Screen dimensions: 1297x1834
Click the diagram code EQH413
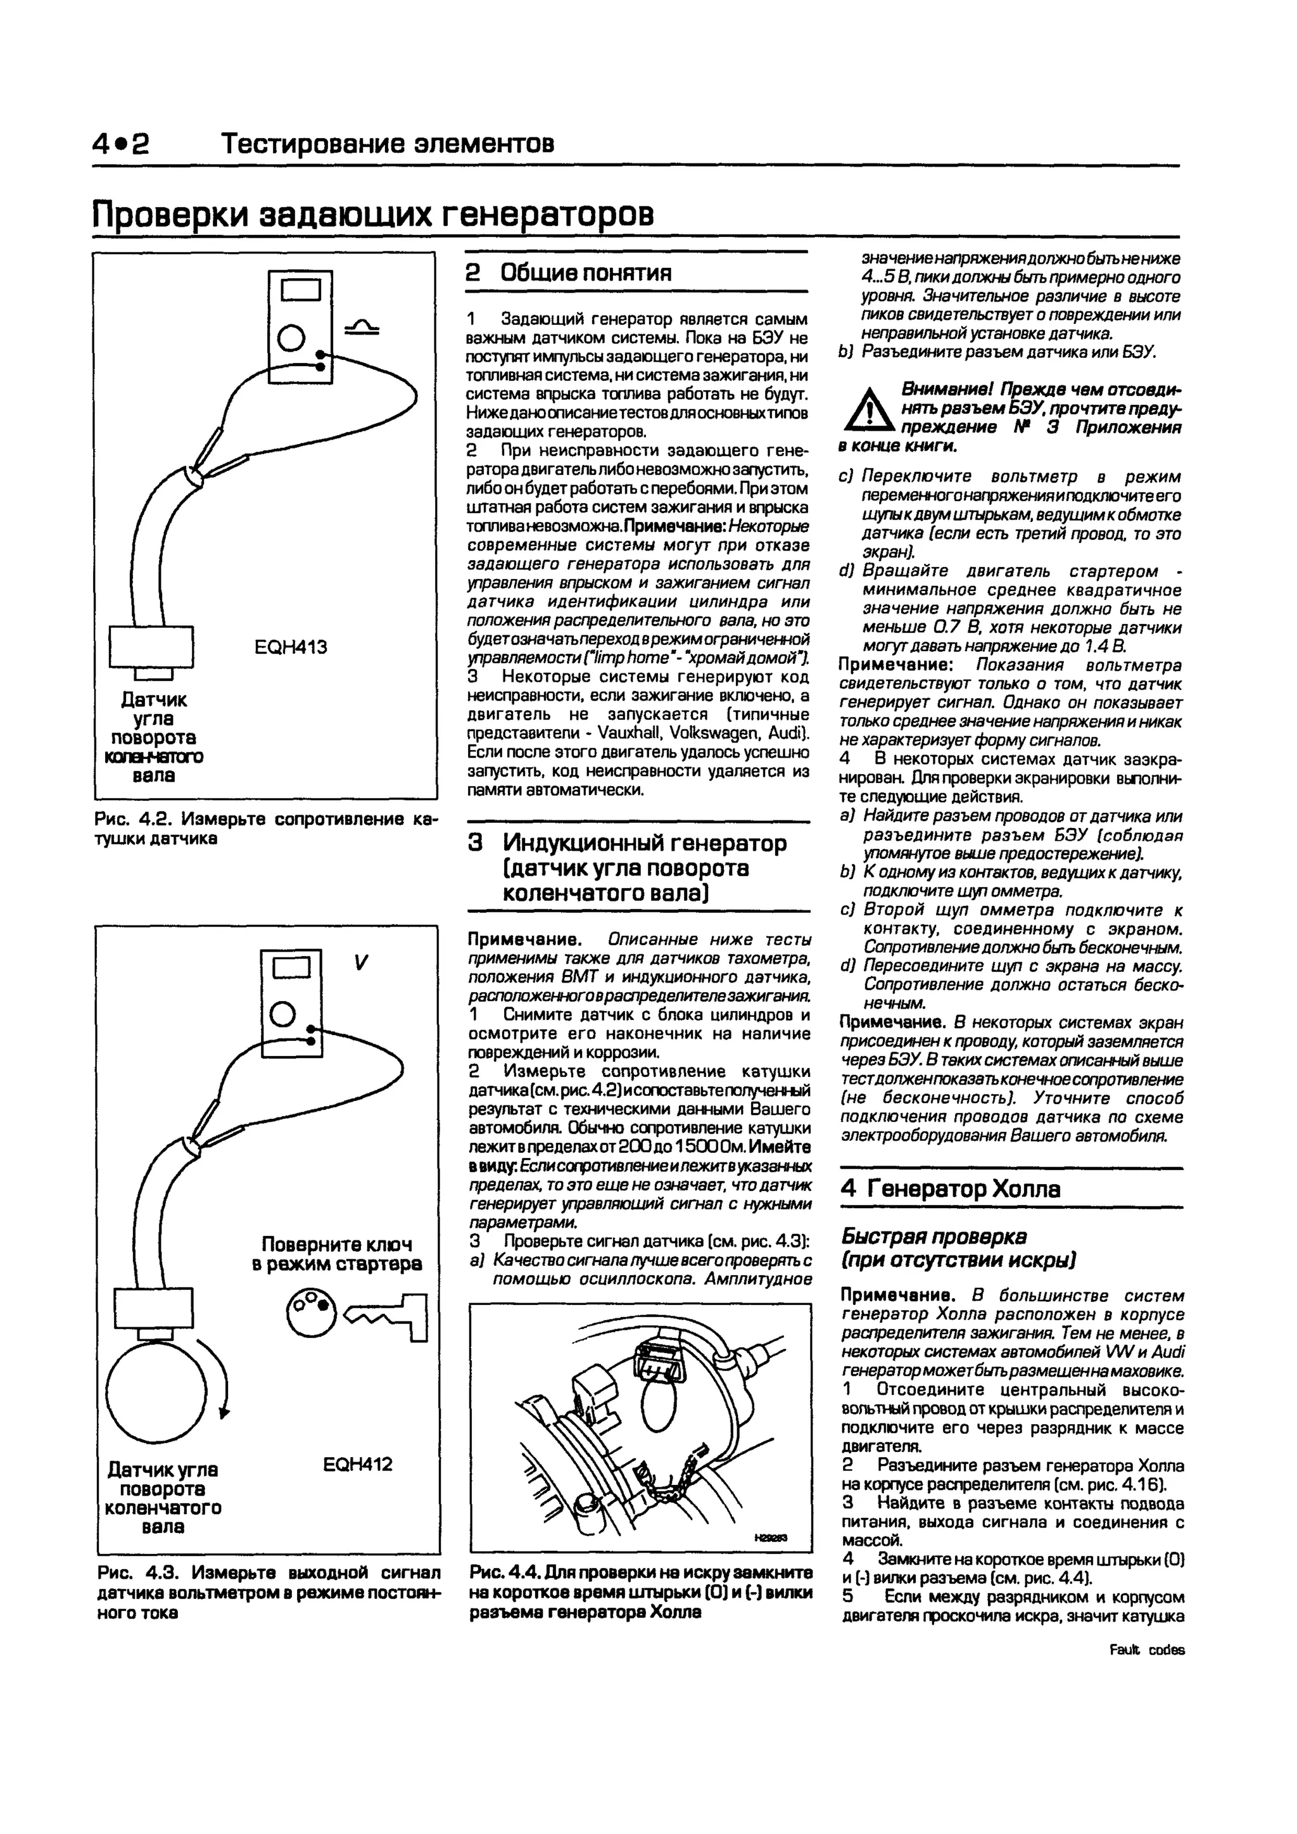291,647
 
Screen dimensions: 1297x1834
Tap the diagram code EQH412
358,1464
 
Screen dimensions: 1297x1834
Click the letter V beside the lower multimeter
360,964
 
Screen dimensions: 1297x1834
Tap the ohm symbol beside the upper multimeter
361,327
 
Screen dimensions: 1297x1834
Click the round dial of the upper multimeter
291,337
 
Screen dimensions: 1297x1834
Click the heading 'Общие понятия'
585,273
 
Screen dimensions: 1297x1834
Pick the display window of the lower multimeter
291,968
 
